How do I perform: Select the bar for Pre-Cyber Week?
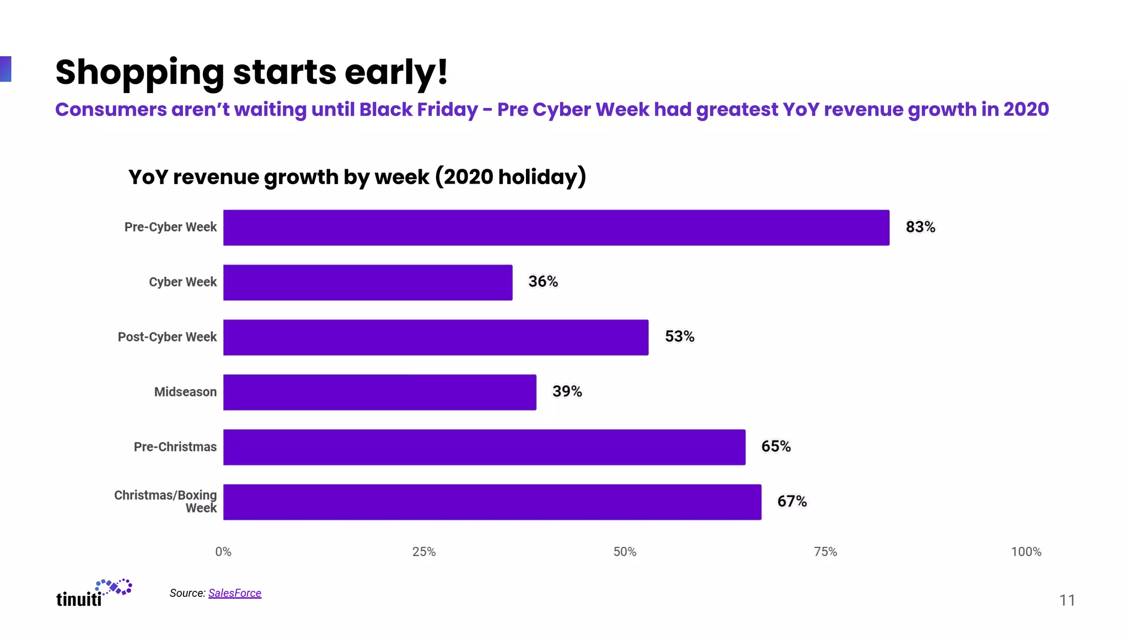[556, 228]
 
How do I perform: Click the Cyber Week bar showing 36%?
[368, 282]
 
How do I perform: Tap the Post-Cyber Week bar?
[436, 337]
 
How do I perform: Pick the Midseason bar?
[379, 392]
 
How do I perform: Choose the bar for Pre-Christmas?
[484, 447]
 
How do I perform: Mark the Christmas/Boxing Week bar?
[492, 502]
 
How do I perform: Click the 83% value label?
[920, 227]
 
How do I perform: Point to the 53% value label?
[679, 337]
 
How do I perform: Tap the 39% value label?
[567, 391]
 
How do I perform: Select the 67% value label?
[792, 502]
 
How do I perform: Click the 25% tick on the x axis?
[423, 552]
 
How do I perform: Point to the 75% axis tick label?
[825, 552]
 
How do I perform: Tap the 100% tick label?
[1025, 552]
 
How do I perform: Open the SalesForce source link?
[234, 593]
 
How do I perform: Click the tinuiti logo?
[94, 593]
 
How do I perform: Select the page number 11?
[1067, 600]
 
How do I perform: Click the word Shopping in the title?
[139, 73]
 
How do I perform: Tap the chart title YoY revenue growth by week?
[357, 177]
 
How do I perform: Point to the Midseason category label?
[185, 392]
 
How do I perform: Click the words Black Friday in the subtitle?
[418, 110]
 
